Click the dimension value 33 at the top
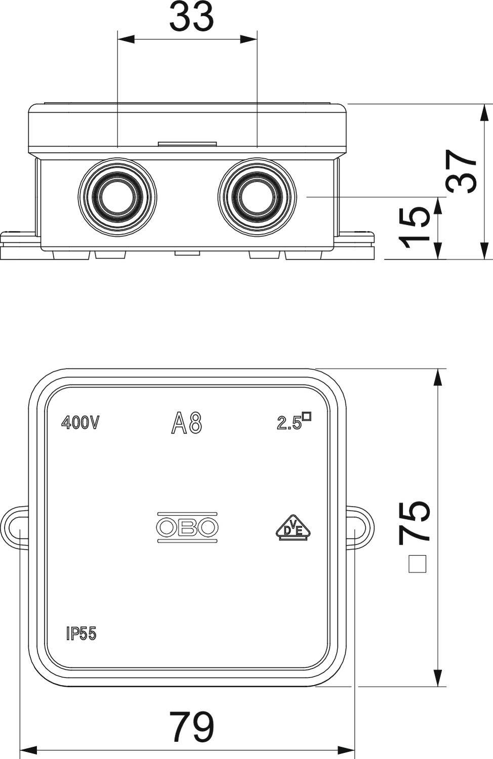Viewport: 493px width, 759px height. [x=191, y=18]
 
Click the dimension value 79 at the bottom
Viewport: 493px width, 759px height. [x=191, y=727]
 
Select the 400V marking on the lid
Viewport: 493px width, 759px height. [x=79, y=423]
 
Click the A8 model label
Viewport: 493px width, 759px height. [x=187, y=423]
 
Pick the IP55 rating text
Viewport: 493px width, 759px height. [x=81, y=634]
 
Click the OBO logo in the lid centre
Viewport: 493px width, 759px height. [x=187, y=527]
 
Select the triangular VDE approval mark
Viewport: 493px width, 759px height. [x=293, y=528]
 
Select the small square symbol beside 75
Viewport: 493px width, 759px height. [x=417, y=564]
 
